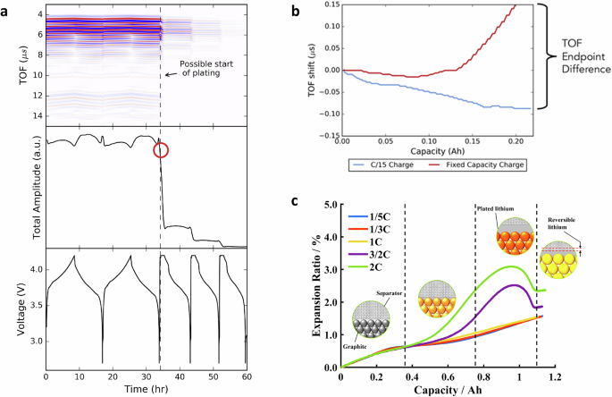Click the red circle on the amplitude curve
point(161,150)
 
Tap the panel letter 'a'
point(6,9)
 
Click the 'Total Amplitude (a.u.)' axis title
point(13,189)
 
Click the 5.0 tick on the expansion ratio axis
point(330,206)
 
